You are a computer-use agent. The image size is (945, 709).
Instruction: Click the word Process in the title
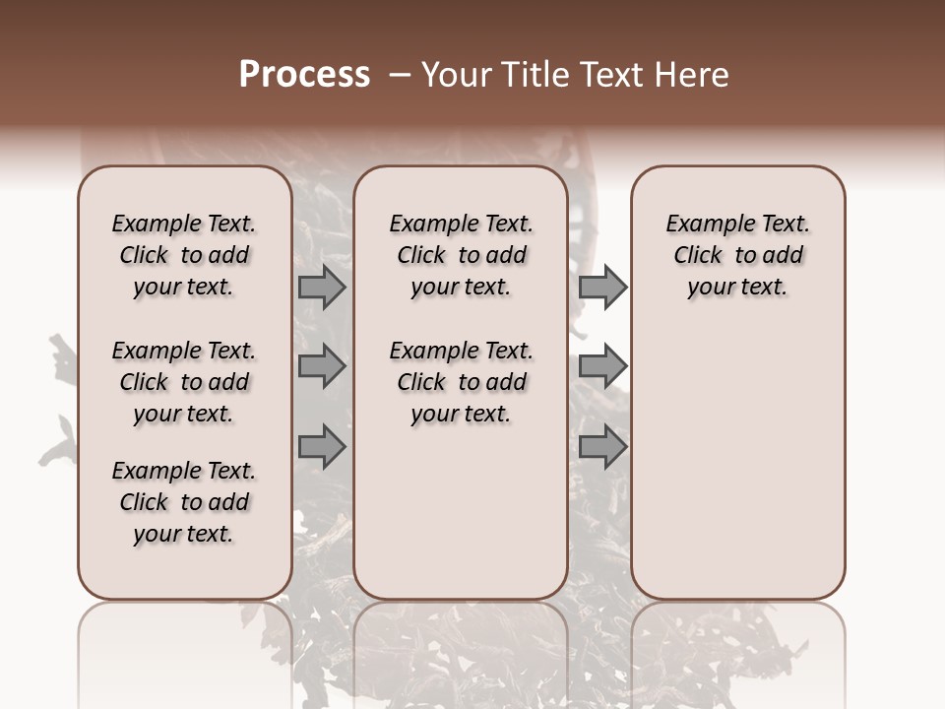tap(304, 75)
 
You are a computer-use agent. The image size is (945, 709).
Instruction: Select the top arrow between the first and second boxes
tap(322, 288)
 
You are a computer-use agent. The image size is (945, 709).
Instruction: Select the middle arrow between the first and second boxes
tap(322, 367)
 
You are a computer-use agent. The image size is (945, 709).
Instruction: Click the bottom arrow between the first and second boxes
tap(322, 447)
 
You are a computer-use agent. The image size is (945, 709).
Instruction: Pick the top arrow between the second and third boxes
tap(602, 288)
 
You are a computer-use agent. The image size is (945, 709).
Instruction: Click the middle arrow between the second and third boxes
tap(602, 367)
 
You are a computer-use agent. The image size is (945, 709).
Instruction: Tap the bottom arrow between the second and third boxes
tap(602, 447)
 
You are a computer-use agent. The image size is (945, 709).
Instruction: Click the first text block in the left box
tap(184, 255)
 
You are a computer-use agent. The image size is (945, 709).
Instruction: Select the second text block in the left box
tap(184, 382)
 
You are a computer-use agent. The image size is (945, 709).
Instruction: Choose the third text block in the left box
tap(184, 502)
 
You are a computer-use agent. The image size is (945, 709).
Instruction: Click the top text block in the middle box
tap(461, 255)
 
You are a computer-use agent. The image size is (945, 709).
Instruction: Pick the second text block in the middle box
tap(461, 382)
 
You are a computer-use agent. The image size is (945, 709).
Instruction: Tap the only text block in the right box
tap(738, 255)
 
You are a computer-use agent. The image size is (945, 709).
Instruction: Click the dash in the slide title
tap(399, 75)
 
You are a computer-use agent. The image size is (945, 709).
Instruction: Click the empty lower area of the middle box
tap(461, 512)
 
